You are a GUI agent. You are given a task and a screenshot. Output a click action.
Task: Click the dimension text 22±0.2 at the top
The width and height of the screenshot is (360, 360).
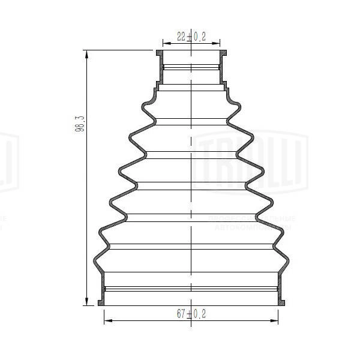click(191, 37)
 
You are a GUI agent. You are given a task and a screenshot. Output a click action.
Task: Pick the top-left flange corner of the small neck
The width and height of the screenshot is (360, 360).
click(158, 52)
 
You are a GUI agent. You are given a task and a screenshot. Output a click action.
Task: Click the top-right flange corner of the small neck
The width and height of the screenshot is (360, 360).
click(225, 52)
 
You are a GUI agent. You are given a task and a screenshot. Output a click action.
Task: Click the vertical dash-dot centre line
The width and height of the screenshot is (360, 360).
click(191, 180)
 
